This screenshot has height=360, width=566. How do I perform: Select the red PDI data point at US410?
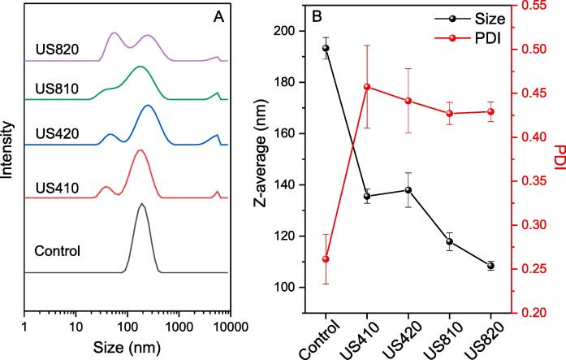pyautogui.click(x=367, y=87)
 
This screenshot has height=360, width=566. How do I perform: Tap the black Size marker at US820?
pyautogui.click(x=490, y=266)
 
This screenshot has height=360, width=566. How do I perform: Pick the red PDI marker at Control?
pyautogui.click(x=326, y=259)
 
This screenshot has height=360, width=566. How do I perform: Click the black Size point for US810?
pyautogui.click(x=449, y=241)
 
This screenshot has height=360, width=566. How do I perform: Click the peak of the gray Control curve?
pyautogui.click(x=142, y=204)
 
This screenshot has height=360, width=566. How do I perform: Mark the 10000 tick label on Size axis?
pyautogui.click(x=214, y=326)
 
